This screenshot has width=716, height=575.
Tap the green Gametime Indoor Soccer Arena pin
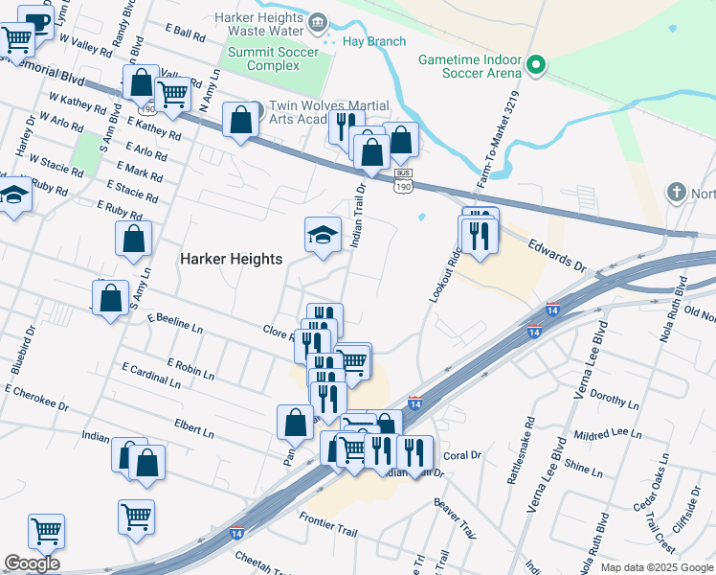tap(536, 67)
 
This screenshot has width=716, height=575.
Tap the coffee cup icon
tap(35, 21)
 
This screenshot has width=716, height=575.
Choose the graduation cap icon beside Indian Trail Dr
tap(324, 234)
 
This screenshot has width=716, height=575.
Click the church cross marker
tap(678, 192)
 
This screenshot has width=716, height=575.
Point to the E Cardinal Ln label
tap(150, 375)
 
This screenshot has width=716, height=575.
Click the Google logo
tap(32, 563)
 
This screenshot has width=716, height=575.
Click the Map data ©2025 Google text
tap(657, 567)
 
